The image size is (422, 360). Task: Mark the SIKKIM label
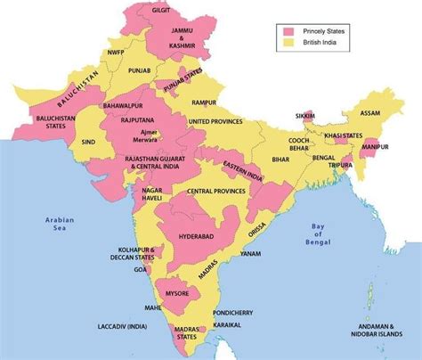[307, 116]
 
